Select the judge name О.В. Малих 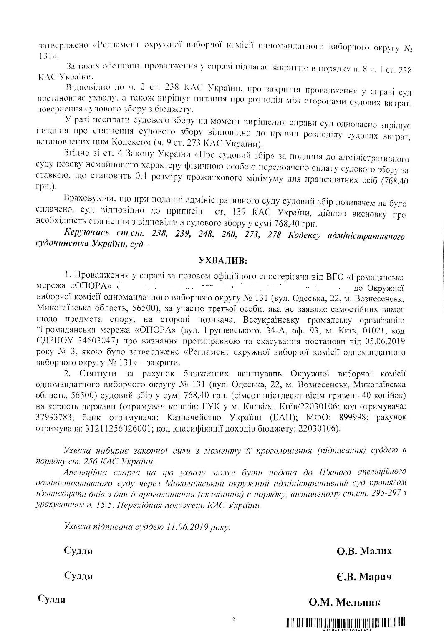click(364, 551)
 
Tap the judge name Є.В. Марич click(364, 577)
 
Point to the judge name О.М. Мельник click(344, 602)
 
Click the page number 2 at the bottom click(234, 619)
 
